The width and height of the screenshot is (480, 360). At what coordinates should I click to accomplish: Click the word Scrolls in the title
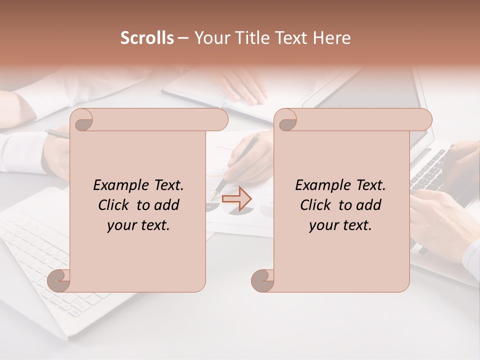[x=147, y=38]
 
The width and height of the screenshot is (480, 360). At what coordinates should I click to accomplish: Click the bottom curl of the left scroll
[x=59, y=280]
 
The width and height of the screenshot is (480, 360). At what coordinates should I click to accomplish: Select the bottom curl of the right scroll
[x=263, y=280]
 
